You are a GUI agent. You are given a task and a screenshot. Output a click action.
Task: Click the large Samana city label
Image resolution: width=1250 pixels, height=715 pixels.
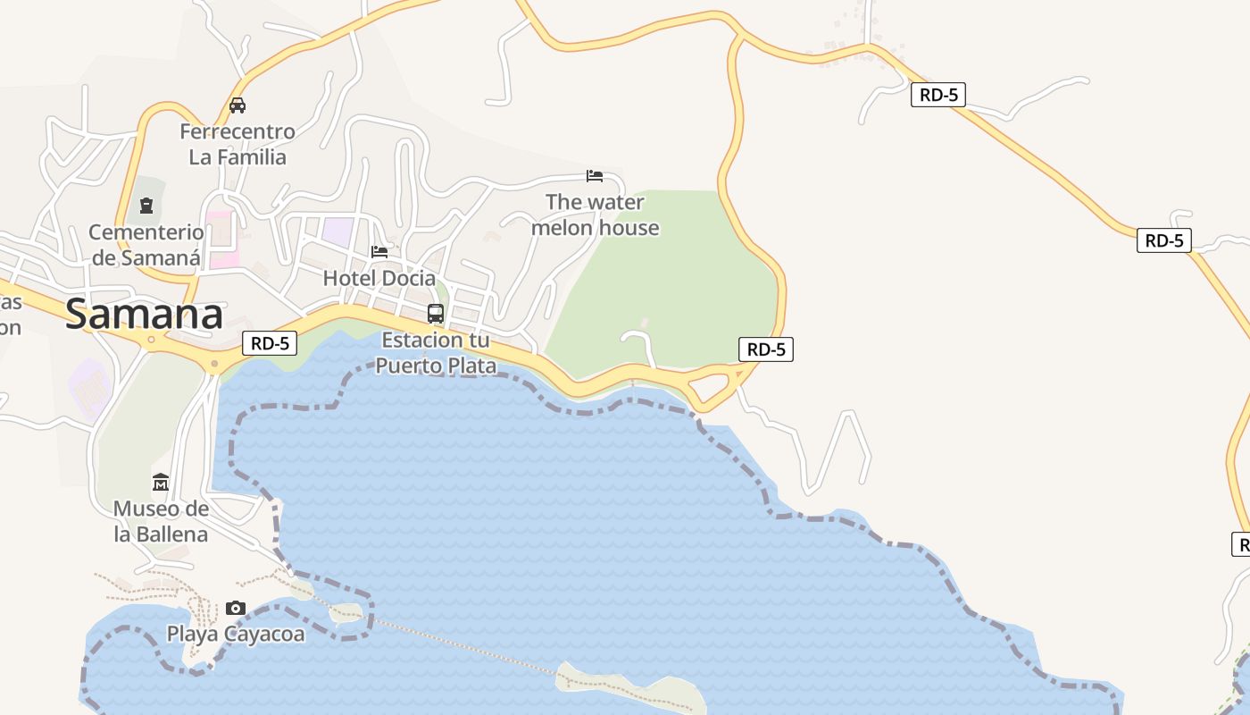144,315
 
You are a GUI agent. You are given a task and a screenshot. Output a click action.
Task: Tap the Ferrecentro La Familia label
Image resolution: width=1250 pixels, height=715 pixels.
237,144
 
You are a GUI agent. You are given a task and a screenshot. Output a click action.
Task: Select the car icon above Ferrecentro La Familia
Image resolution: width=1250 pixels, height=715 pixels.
237,105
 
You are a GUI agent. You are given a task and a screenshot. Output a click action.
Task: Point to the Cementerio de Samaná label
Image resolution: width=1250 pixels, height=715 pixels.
146,245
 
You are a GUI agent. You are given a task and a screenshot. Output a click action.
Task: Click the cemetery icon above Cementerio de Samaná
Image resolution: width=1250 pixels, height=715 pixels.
146,206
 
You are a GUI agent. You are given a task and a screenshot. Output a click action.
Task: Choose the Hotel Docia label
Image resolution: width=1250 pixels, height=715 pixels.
379,278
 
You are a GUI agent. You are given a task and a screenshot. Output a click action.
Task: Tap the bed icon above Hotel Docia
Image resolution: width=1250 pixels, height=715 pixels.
379,252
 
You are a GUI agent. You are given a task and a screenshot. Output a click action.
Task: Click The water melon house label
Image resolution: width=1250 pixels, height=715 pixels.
596,214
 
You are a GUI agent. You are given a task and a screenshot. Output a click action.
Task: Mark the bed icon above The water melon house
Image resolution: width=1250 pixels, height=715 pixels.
595,175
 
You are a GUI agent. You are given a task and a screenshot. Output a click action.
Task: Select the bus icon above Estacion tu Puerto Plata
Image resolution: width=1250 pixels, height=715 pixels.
436,314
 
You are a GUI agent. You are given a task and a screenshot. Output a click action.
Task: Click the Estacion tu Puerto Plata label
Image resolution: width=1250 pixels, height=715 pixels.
436,352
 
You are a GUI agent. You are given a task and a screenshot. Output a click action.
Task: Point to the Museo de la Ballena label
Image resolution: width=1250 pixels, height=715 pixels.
161,521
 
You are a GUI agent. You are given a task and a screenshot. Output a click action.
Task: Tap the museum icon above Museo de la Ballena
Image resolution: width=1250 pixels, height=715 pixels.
161,483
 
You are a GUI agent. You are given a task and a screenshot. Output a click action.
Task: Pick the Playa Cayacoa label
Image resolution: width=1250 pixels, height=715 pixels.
236,634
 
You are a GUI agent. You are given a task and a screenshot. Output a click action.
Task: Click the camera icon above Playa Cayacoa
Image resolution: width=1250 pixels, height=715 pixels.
236,608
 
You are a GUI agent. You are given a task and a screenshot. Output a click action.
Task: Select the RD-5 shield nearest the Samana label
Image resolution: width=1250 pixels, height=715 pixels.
270,342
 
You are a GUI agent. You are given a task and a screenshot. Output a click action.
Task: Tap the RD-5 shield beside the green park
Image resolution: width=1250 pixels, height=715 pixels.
766,349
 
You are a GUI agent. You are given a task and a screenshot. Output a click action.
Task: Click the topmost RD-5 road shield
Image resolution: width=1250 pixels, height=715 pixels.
938,95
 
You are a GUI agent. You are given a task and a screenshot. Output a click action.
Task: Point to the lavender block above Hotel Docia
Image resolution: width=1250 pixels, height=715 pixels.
337,231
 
